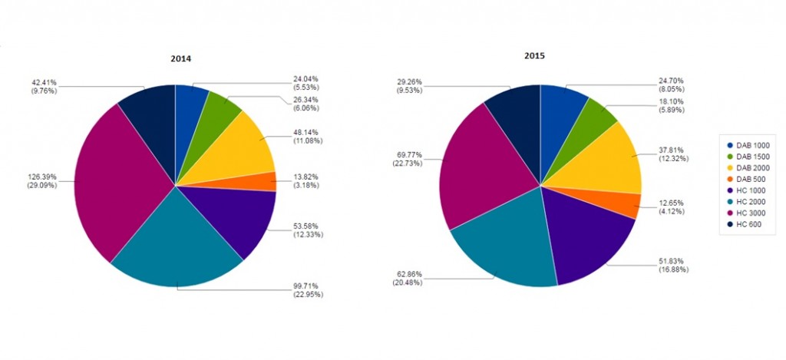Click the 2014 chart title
point(181,58)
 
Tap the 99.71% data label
point(307,289)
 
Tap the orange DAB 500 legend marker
point(727,179)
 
